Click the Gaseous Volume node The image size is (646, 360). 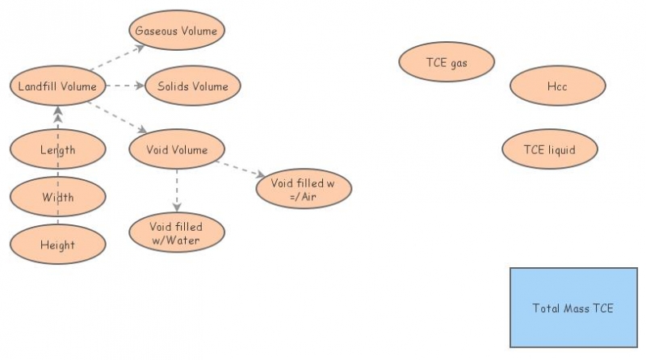(177, 31)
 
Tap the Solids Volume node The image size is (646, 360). (193, 86)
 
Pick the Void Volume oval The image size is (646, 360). (177, 149)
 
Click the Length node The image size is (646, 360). (57, 149)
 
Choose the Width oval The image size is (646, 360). (57, 197)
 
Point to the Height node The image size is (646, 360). (57, 245)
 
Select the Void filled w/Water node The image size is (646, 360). (177, 233)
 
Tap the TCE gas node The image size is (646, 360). (447, 61)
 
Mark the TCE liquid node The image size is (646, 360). (549, 149)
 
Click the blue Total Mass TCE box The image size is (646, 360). (573, 308)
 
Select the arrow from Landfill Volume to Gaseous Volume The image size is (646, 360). (118, 57)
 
